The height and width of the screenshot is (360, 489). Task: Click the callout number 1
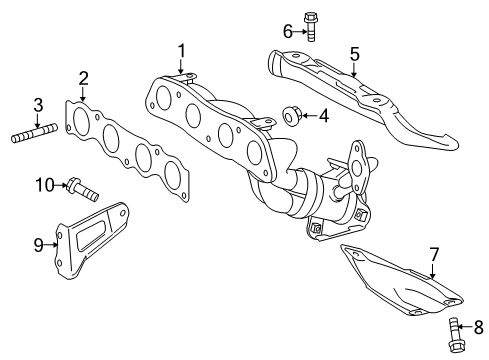[182, 50]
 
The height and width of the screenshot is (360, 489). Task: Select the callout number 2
[84, 77]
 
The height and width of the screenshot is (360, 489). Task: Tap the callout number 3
[38, 104]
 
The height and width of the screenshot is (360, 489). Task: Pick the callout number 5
[353, 54]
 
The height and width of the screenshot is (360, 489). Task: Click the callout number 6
[286, 32]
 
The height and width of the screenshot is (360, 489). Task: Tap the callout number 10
[44, 183]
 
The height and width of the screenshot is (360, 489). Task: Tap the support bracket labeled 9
[95, 240]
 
